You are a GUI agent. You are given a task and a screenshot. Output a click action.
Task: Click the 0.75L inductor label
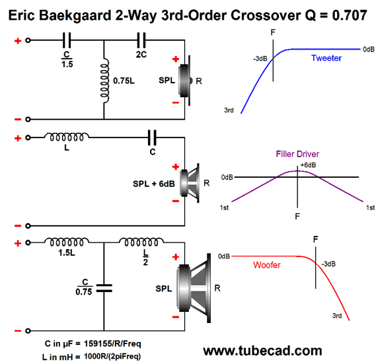(x=124, y=81)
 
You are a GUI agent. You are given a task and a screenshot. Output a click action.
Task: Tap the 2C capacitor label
(x=141, y=55)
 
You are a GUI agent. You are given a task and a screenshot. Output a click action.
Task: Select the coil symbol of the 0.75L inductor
(x=104, y=81)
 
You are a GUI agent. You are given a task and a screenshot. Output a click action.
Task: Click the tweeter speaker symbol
(x=184, y=81)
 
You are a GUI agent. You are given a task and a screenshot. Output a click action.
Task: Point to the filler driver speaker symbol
(x=190, y=183)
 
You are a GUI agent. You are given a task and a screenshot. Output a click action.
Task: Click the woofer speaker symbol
(x=194, y=288)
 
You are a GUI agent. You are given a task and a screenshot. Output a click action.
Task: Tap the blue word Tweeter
(x=326, y=58)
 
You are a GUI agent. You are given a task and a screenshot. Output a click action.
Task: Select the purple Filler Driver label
(x=297, y=154)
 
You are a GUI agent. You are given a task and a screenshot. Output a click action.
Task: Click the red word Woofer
(x=267, y=265)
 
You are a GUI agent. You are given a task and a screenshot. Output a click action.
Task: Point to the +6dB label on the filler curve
(x=308, y=165)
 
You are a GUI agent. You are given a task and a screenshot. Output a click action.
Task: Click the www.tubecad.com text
(x=262, y=351)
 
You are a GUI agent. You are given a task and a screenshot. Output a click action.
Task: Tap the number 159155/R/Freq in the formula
(x=112, y=344)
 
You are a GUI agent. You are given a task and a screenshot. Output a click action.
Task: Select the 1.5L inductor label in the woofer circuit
(x=67, y=253)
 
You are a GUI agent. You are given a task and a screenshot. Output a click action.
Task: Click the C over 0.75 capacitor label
(x=84, y=287)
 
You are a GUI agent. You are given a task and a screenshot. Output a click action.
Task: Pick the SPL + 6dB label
(x=154, y=184)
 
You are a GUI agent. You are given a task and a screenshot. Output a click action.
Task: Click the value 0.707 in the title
(x=350, y=15)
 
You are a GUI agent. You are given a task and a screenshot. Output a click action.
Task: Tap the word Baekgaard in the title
(x=75, y=16)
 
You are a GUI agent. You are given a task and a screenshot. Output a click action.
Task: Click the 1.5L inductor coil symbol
(x=67, y=242)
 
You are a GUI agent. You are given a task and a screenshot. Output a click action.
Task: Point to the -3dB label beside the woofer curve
(x=328, y=264)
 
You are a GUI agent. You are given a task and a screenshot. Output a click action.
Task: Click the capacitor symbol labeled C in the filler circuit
(x=152, y=138)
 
